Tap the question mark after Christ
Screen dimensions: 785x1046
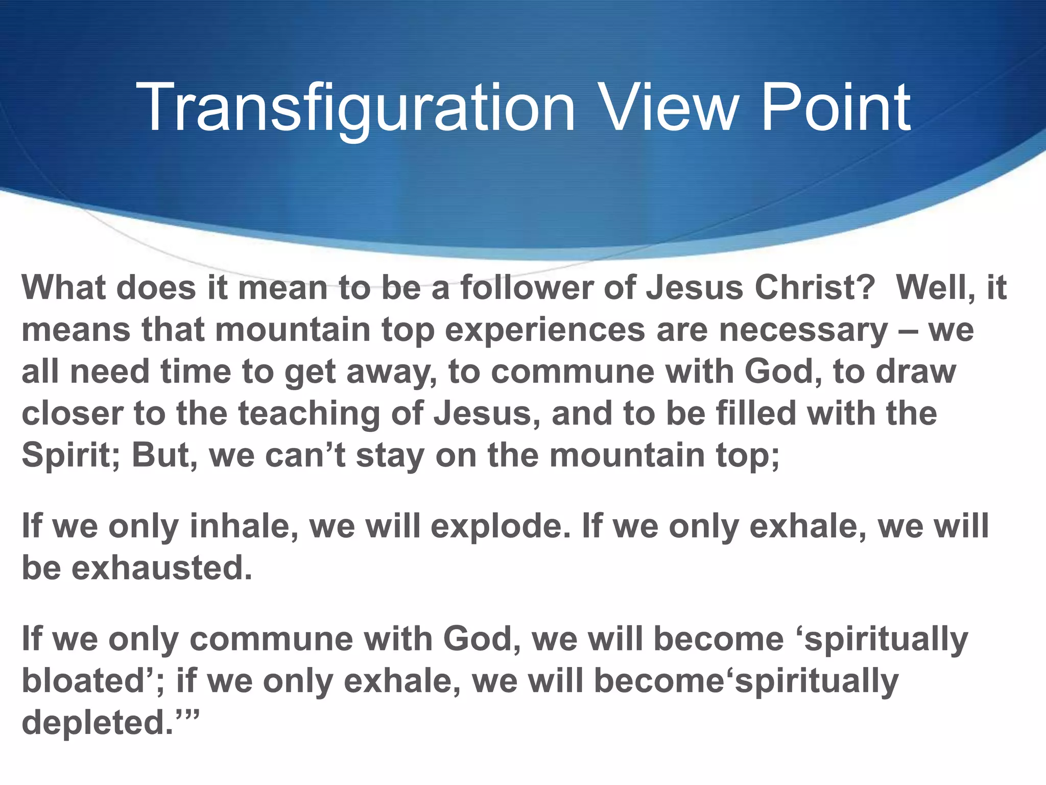(x=867, y=288)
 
